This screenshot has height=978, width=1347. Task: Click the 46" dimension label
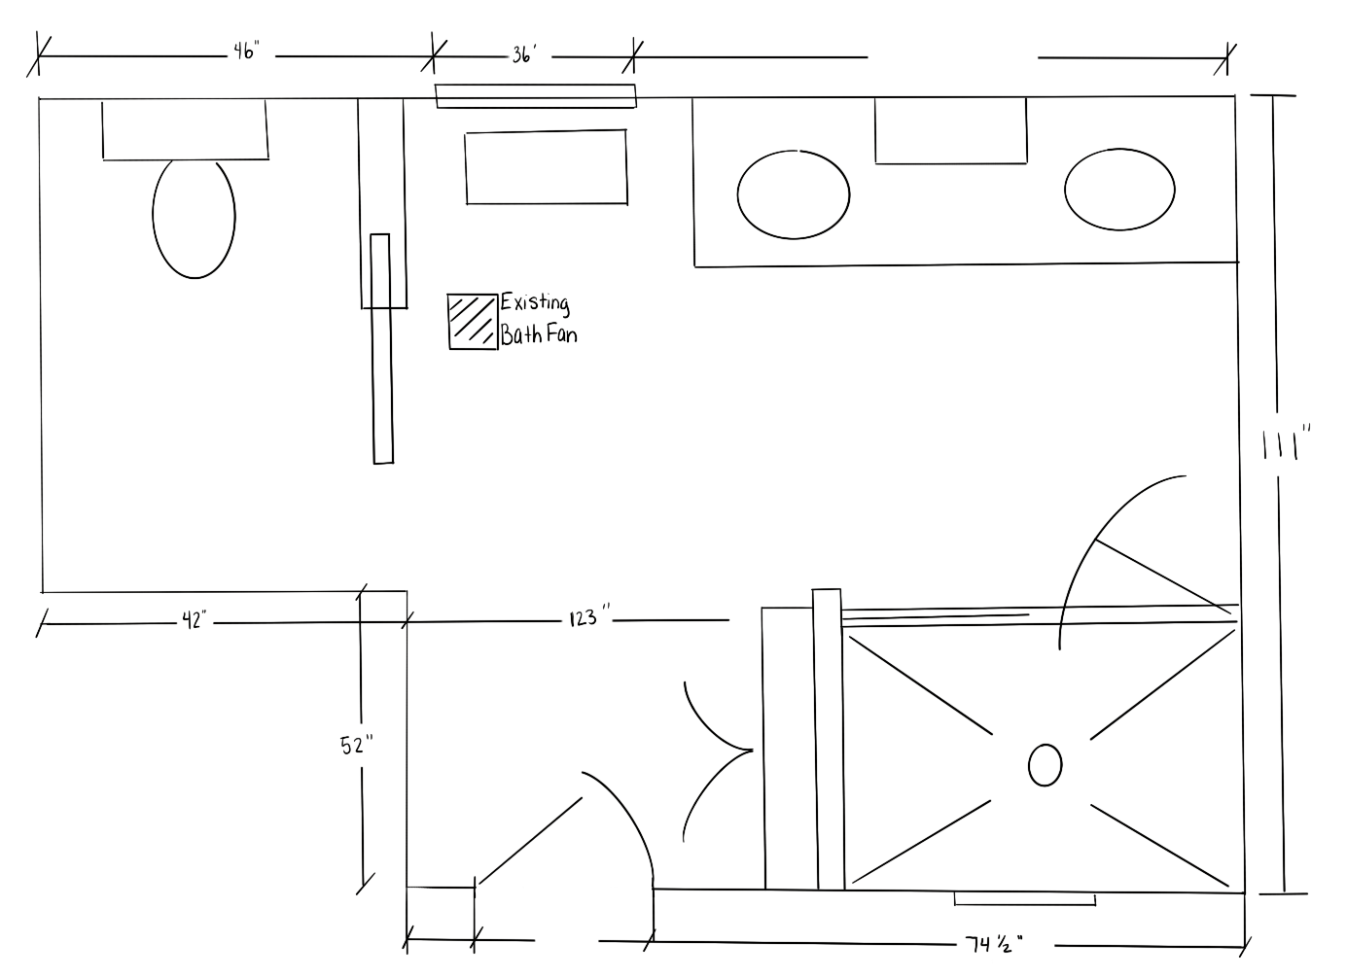[x=244, y=52]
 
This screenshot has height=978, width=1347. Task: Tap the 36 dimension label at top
[x=523, y=55]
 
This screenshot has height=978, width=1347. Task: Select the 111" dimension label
[x=1287, y=445]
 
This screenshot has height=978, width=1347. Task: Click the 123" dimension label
[x=589, y=617]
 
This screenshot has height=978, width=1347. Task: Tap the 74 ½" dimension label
[x=994, y=943]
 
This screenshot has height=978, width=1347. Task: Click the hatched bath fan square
[x=473, y=320]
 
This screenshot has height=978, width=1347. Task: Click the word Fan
[x=562, y=335]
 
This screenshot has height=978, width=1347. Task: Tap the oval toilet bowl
[x=194, y=218]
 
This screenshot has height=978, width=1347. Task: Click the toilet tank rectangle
[x=185, y=129]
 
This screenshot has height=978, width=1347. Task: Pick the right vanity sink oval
[x=1118, y=189]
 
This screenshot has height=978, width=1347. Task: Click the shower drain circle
[x=1045, y=765]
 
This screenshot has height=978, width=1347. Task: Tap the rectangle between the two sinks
[x=950, y=130]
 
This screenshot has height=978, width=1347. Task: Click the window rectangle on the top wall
[x=535, y=95]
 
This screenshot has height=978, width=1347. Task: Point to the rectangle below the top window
[x=546, y=167]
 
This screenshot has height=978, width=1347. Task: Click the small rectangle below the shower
[x=1024, y=898]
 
